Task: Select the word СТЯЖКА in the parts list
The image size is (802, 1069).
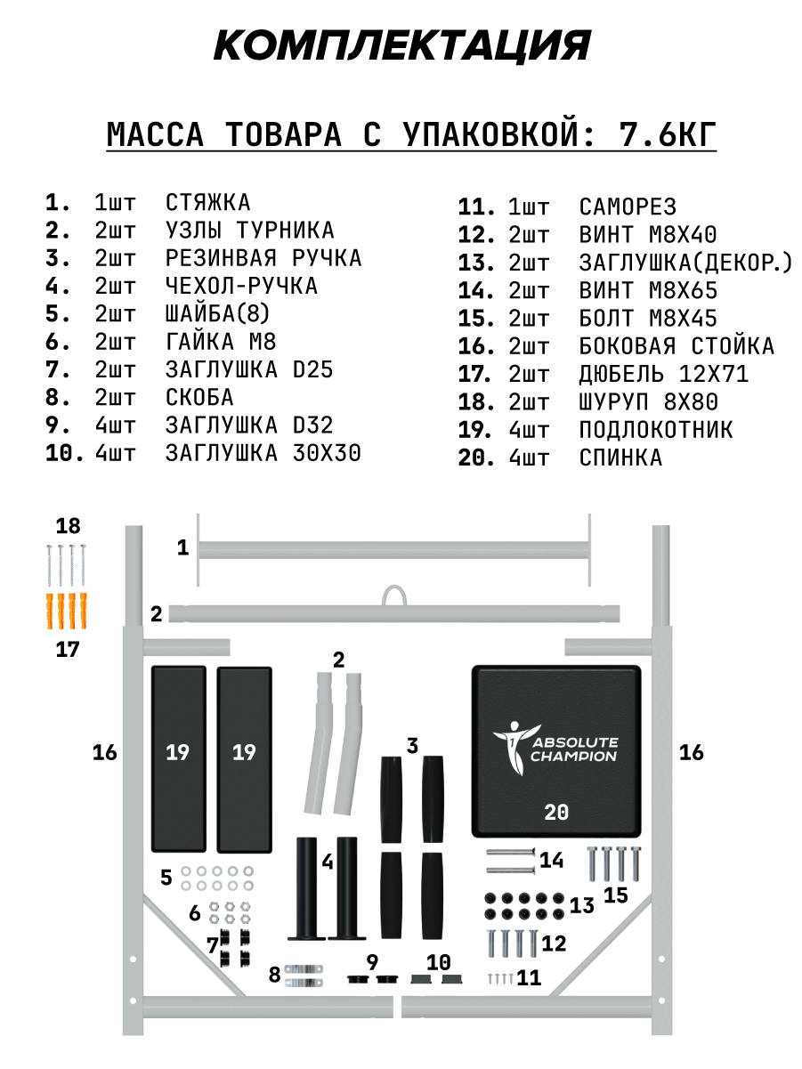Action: coord(208,203)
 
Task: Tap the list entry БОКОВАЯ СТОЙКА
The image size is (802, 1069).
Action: coord(676,346)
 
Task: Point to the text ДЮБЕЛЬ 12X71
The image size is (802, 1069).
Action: coord(663,375)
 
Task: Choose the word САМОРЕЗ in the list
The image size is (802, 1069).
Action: coord(628,207)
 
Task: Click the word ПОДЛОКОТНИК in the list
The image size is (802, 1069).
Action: coord(656,430)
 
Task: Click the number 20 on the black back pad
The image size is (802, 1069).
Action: coord(556,812)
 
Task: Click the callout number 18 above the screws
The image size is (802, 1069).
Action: coord(68,525)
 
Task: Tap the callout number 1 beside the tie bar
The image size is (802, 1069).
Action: coord(183,547)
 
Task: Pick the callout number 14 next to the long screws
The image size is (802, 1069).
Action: coord(552,860)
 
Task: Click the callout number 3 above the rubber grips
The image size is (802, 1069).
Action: coord(411,745)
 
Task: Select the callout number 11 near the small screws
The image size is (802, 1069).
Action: coord(529,978)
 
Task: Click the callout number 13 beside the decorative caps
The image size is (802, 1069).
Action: coord(582,906)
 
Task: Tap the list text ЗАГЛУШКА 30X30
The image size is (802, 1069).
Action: coord(263,453)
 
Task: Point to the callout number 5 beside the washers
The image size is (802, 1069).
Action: coord(166,878)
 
